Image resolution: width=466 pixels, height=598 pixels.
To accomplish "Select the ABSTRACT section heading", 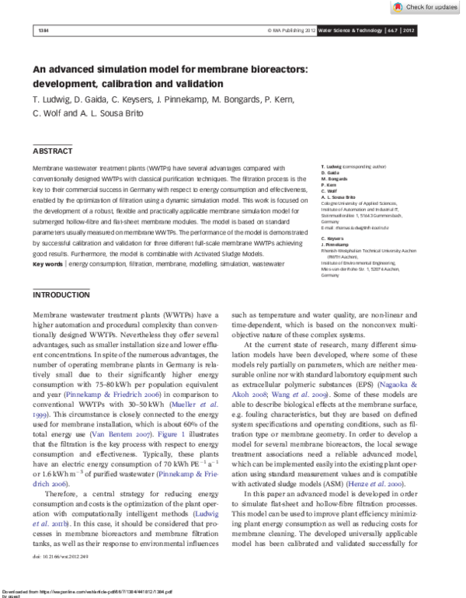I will point(53,151).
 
